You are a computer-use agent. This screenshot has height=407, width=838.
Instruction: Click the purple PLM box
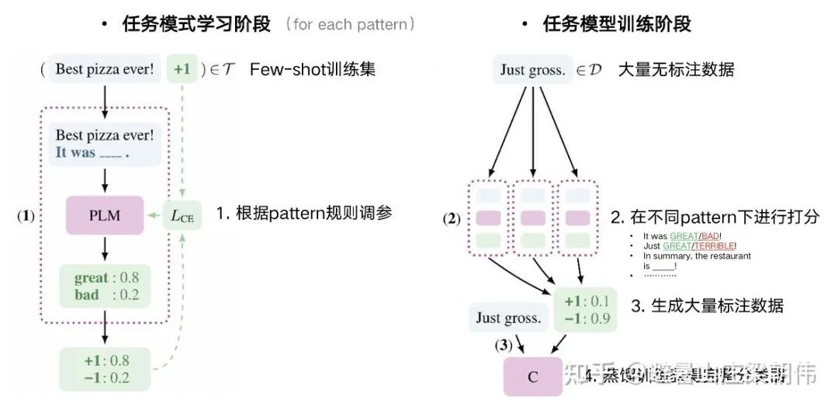click(x=105, y=215)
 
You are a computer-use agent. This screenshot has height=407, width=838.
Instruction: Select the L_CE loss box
click(x=183, y=215)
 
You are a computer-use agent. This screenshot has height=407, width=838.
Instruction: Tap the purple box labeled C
click(x=533, y=377)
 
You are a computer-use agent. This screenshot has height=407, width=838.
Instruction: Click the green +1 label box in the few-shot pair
click(x=182, y=69)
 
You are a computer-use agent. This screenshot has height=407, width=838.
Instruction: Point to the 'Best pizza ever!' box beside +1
click(x=104, y=69)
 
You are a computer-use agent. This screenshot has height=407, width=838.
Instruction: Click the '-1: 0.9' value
click(x=587, y=318)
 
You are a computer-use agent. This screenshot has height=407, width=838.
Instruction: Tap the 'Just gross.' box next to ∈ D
click(x=532, y=70)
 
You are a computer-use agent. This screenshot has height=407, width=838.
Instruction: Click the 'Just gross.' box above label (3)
click(x=508, y=318)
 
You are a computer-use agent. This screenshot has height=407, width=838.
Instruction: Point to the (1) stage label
click(x=26, y=216)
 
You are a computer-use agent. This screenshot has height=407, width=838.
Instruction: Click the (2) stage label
click(x=452, y=218)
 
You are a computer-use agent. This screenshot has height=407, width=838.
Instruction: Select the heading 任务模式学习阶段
click(x=196, y=24)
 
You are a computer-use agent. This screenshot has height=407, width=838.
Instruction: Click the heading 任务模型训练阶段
click(x=617, y=24)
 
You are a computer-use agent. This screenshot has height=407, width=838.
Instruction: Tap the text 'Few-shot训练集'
click(x=313, y=69)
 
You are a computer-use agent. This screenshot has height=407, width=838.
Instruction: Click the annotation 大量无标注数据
click(x=676, y=70)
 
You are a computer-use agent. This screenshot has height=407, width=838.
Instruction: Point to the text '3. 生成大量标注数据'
click(x=707, y=306)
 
